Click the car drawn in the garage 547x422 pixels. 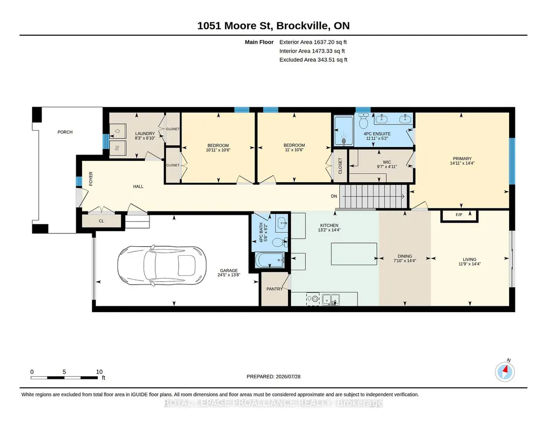(162, 266)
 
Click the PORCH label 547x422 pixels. (65, 132)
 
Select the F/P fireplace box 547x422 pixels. (459, 215)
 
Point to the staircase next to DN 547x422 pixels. (374, 196)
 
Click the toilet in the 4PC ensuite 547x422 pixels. (363, 120)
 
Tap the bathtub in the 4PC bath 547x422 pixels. (270, 260)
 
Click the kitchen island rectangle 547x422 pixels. (354, 254)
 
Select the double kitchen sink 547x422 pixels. (331, 299)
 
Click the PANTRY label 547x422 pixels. (274, 289)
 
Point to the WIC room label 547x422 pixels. (387, 163)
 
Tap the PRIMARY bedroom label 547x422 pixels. (462, 159)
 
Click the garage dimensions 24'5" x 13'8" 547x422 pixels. (228, 275)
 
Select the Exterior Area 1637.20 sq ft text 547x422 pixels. (313, 42)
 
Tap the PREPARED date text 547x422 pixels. (273, 376)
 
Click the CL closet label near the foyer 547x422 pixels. (101, 221)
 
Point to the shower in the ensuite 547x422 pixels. (344, 131)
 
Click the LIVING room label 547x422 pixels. (470, 259)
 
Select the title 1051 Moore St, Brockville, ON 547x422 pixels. (273, 26)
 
